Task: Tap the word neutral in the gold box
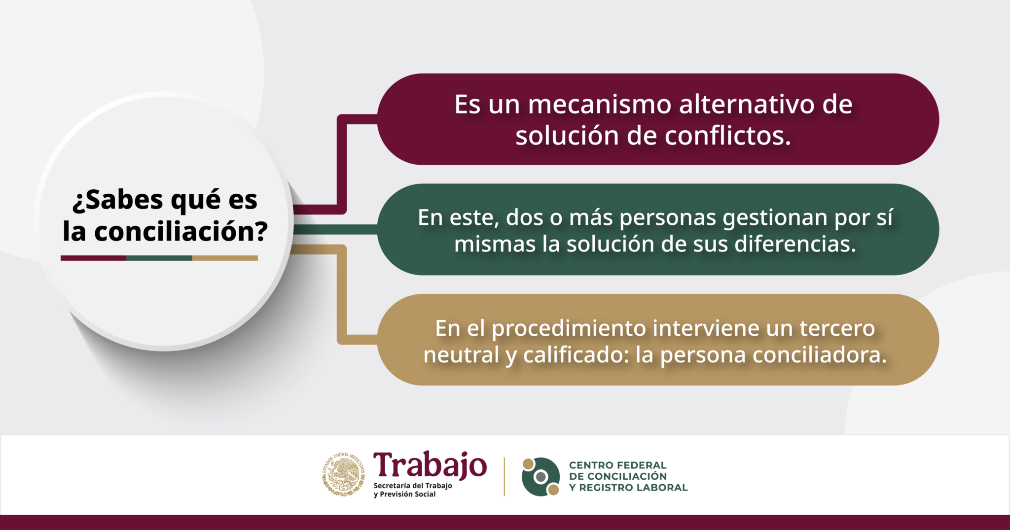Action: click(462, 355)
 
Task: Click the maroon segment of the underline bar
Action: click(93, 258)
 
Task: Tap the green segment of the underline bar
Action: click(159, 258)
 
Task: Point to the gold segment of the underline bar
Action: click(225, 258)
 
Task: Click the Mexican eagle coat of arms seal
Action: click(344, 474)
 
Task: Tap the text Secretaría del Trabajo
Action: click(413, 486)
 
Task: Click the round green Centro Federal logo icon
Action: click(541, 476)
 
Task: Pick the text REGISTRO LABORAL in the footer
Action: click(633, 488)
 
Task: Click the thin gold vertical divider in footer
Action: click(504, 476)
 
